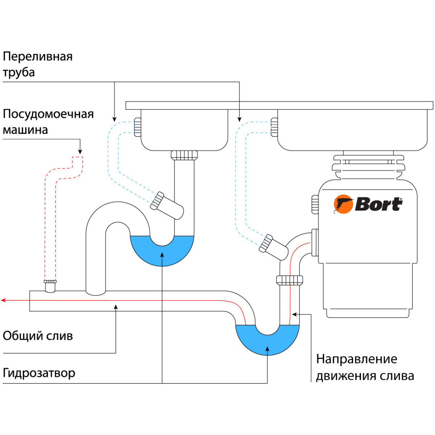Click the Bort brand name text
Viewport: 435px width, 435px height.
click(378, 204)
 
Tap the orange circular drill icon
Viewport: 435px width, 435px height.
click(343, 204)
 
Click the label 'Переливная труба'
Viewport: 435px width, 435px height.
click(38, 64)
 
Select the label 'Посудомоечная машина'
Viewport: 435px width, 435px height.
click(48, 122)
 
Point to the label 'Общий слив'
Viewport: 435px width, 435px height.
click(38, 336)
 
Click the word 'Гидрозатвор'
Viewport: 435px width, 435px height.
click(39, 373)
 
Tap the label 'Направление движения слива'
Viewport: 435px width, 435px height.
click(365, 367)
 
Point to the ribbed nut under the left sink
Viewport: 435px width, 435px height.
click(185, 155)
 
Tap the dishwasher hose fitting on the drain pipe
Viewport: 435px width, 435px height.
click(50, 285)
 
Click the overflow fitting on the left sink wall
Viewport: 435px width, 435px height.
click(137, 127)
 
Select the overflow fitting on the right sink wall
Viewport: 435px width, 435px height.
click(274, 127)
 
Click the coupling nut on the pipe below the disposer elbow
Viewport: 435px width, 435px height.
click(290, 280)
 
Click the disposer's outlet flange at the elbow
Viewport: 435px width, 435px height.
click(315, 243)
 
